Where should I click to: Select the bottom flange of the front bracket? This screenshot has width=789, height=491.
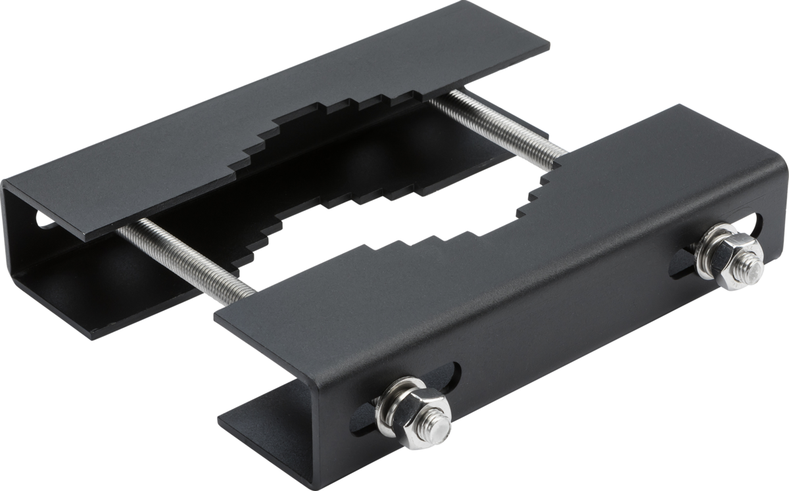click(x=263, y=414)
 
